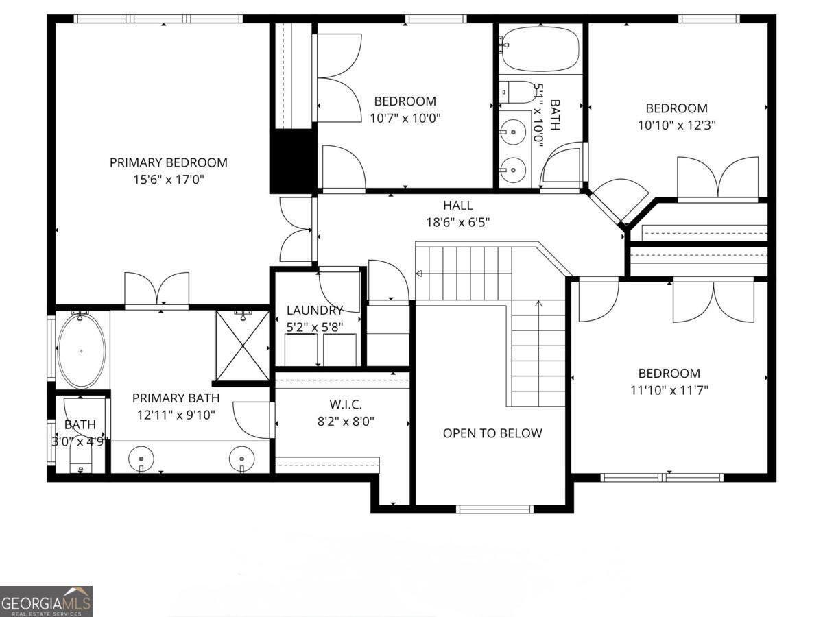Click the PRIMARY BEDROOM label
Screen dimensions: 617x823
(x=168, y=162)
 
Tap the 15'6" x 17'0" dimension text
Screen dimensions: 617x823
(x=168, y=180)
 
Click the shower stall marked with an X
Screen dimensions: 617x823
(x=242, y=346)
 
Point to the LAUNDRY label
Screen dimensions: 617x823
(x=314, y=311)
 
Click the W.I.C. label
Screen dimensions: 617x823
(x=345, y=404)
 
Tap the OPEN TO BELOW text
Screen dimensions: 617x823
(x=492, y=433)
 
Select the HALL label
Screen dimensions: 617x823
(x=457, y=205)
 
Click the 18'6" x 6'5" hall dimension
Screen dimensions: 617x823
(x=457, y=222)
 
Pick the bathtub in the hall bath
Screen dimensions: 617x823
(x=540, y=48)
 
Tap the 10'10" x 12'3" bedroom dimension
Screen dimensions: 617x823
(x=676, y=125)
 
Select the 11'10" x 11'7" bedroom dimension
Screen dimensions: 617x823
(x=669, y=391)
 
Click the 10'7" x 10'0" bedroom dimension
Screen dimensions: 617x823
(x=405, y=118)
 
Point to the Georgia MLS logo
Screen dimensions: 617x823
(x=46, y=601)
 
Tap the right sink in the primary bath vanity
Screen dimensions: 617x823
(x=241, y=457)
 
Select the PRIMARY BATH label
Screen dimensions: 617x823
(x=176, y=398)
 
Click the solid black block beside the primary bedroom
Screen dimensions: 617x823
(x=292, y=162)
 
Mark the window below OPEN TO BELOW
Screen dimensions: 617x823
(x=494, y=509)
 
